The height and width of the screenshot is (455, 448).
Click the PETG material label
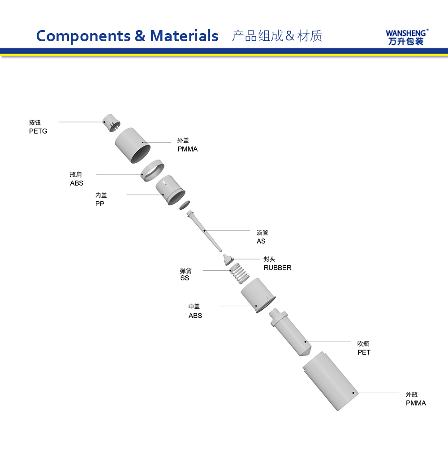click(x=38, y=131)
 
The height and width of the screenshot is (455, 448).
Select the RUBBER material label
click(x=277, y=268)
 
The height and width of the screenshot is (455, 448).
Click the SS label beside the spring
click(x=185, y=278)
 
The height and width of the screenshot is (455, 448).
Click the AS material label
click(x=261, y=241)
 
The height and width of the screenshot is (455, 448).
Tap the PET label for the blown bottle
click(x=364, y=352)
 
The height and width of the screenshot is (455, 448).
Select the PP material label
click(x=99, y=204)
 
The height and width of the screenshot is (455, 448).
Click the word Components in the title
click(x=83, y=35)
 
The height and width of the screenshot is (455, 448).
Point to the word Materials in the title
click(x=184, y=35)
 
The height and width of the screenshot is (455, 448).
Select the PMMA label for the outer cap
click(x=187, y=149)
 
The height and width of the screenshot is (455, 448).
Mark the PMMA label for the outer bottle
click(x=416, y=403)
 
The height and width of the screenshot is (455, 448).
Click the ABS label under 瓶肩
click(x=77, y=183)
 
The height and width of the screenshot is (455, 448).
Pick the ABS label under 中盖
click(x=195, y=316)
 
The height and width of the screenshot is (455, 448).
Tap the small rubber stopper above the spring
click(x=228, y=259)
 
